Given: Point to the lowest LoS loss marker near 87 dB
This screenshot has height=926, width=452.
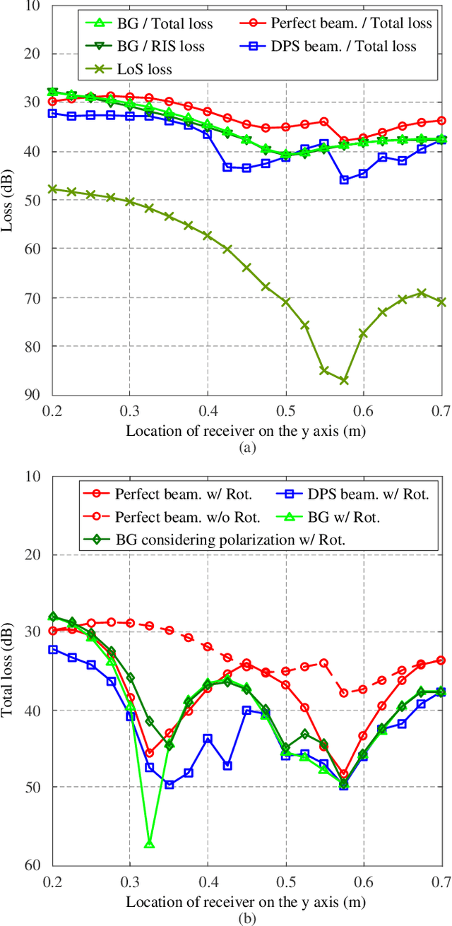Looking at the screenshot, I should [344, 380].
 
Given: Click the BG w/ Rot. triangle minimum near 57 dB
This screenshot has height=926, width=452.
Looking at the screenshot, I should [149, 844].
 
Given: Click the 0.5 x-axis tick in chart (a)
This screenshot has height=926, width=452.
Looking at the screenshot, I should [285, 410].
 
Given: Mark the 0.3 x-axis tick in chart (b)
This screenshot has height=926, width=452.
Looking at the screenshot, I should [129, 881].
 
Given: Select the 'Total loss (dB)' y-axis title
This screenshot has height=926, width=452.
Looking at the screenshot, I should [11, 670].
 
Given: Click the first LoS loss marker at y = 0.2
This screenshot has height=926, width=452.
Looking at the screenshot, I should [52, 189].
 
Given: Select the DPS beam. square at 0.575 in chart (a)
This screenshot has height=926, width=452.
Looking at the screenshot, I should [344, 179].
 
